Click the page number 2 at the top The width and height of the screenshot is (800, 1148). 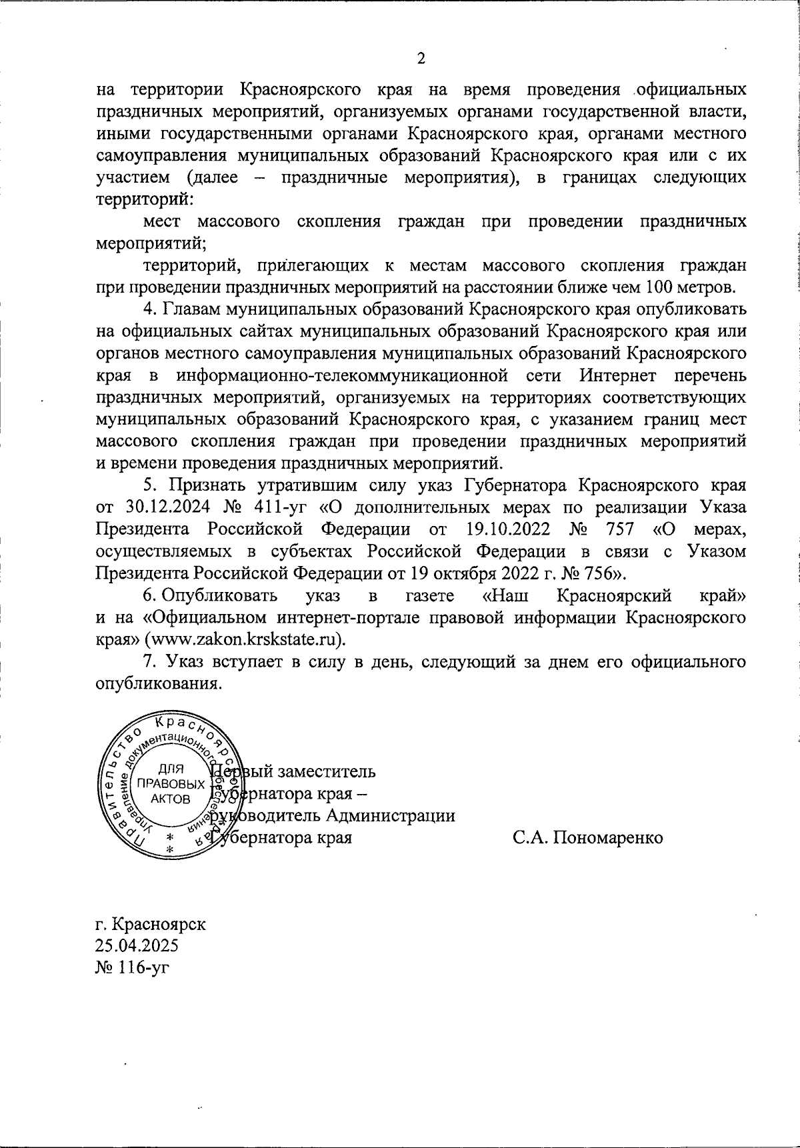pyautogui.click(x=421, y=59)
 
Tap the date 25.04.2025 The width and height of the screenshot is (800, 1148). pyautogui.click(x=137, y=947)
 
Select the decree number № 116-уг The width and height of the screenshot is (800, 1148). pyautogui.click(x=133, y=968)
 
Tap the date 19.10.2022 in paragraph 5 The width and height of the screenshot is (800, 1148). pyautogui.click(x=505, y=529)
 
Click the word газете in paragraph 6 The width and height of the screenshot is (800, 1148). pyautogui.click(x=430, y=595)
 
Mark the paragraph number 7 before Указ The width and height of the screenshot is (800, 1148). pyautogui.click(x=150, y=661)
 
